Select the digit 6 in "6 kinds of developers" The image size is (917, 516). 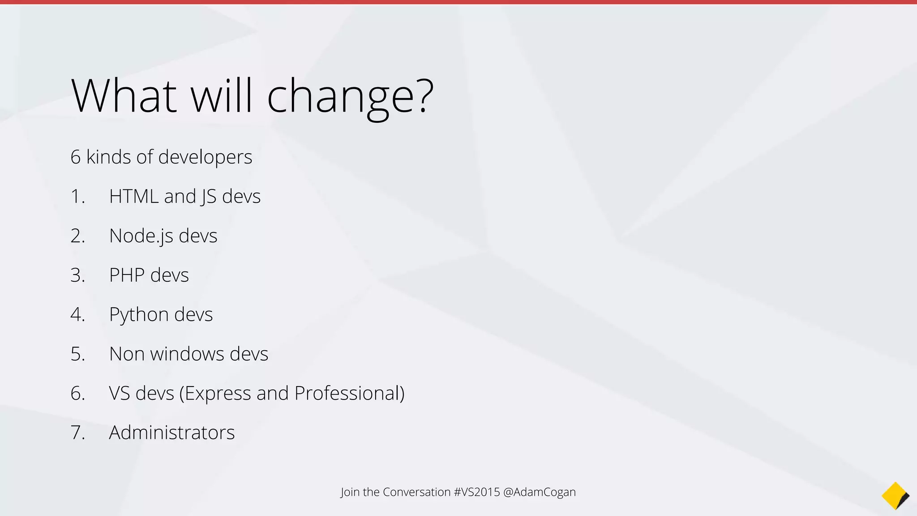(x=75, y=157)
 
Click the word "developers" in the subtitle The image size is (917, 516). (x=205, y=157)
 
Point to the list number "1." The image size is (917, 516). (x=77, y=197)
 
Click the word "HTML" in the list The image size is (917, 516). (x=133, y=197)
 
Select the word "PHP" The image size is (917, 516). (x=127, y=275)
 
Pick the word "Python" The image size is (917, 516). (x=139, y=314)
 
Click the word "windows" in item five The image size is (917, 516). (x=187, y=354)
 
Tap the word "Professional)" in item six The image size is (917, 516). (x=349, y=393)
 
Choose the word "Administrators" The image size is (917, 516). (x=172, y=433)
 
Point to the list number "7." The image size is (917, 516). (x=77, y=433)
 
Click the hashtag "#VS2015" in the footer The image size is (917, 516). (x=477, y=492)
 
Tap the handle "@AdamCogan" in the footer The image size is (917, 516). (x=540, y=492)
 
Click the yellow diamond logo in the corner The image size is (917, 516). (x=895, y=496)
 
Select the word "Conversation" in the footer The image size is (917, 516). (x=416, y=492)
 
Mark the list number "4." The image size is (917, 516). (x=77, y=314)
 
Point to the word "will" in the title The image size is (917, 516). (x=222, y=96)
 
